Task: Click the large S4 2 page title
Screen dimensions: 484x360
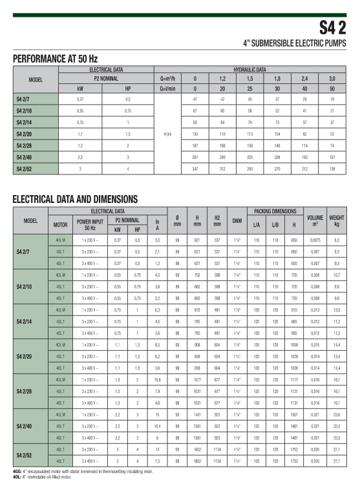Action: [x=334, y=27]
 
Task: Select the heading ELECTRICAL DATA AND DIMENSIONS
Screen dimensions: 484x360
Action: [x=75, y=199]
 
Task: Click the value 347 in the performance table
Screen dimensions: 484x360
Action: [x=195, y=168]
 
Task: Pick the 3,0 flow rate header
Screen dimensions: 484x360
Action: [x=332, y=78]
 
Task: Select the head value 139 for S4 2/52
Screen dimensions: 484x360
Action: [x=332, y=168]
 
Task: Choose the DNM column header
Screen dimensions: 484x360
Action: [x=237, y=220]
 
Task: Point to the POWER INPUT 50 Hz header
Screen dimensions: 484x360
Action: [x=89, y=224]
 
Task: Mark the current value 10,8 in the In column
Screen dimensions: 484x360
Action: [x=157, y=379]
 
